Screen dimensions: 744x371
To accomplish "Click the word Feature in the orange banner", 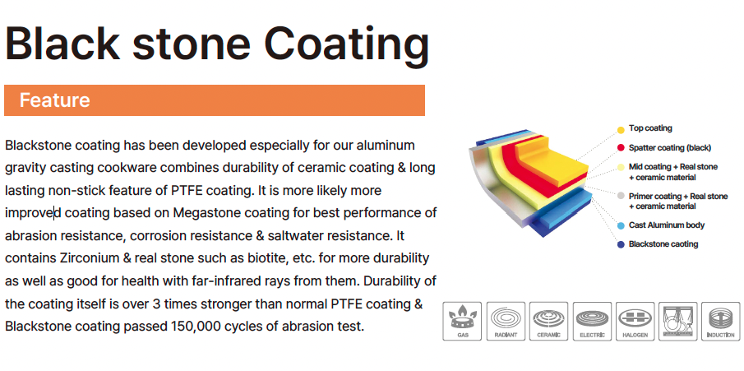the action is pos(54,100).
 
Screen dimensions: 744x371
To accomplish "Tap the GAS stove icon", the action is pos(462,321).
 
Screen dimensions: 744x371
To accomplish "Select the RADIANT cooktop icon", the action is pos(506,321).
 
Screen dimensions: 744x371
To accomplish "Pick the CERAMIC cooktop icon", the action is pos(549,321).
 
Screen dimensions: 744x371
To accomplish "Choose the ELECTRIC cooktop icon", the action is pos(592,321).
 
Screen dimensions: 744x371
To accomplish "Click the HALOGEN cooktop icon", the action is pos(635,321).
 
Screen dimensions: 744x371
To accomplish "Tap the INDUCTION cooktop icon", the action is pos(721,321).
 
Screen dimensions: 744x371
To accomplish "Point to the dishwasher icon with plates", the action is pos(678,321).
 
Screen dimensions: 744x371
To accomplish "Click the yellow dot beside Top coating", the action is pos(621,130).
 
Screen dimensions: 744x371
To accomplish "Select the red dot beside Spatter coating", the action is pos(621,148).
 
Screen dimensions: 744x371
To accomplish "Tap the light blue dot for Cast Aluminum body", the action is pos(621,225).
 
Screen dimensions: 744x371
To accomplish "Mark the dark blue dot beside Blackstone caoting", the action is pos(621,244).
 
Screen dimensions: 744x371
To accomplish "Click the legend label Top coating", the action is pos(650,128).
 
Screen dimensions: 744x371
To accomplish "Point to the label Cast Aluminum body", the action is pos(667,225).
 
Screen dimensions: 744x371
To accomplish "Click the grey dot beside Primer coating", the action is pos(621,196).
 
